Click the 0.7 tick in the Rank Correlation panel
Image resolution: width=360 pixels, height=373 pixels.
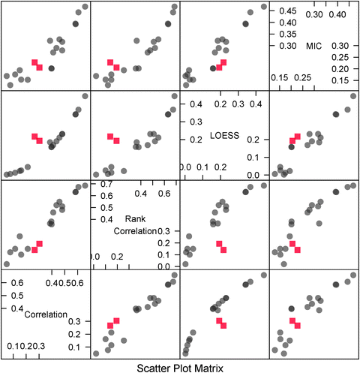click(x=106, y=183)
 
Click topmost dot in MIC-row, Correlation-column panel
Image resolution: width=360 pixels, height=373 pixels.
click(x=85, y=7)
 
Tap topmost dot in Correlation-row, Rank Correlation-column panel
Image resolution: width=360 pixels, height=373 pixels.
click(x=175, y=275)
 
